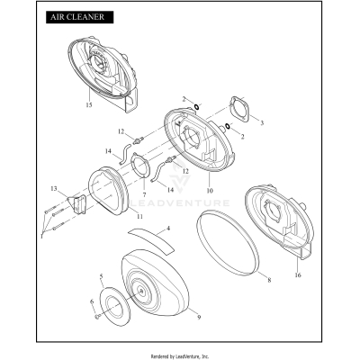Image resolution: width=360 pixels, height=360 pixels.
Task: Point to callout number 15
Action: click(89, 105)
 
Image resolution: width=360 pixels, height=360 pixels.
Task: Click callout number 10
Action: click(209, 191)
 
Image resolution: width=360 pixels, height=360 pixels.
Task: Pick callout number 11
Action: click(138, 217)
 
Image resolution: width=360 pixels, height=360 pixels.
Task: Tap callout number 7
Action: click(142, 193)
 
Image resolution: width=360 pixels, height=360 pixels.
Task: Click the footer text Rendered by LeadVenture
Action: click(180, 355)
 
